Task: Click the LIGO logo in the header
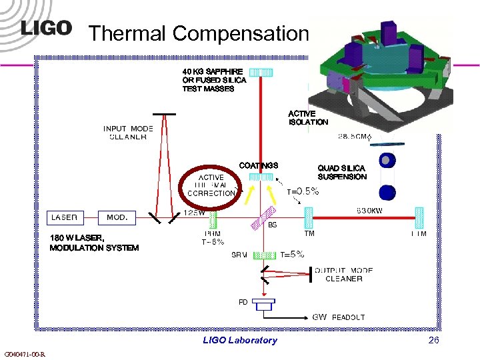[x=46, y=28]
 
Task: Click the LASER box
[x=65, y=217]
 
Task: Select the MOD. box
[x=117, y=217]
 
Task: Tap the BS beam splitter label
[x=272, y=225]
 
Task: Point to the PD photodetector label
[x=243, y=302]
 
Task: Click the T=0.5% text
[x=303, y=191]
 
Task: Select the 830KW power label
[x=373, y=211]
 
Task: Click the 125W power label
[x=194, y=213]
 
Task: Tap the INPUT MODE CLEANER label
[x=128, y=133]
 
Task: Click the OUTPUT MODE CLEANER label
[x=343, y=275]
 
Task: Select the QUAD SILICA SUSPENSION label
[x=342, y=173]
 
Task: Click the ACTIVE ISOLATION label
[x=308, y=118]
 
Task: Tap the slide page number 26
[x=434, y=340]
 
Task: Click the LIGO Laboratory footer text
[x=239, y=340]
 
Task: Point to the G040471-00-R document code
[x=24, y=354]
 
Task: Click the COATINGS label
[x=258, y=165]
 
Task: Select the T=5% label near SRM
[x=292, y=254]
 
